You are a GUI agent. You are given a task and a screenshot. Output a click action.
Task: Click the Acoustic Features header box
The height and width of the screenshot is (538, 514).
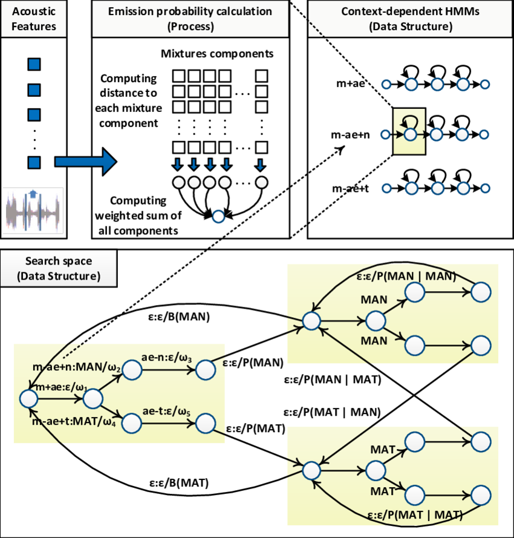tap(34, 19)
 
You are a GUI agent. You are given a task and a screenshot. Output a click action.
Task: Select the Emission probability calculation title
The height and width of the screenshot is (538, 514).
tap(190, 19)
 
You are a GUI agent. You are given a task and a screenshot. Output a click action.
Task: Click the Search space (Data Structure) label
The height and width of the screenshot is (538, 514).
tap(59, 269)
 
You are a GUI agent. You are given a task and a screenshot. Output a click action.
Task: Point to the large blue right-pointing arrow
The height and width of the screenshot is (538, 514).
tap(84, 162)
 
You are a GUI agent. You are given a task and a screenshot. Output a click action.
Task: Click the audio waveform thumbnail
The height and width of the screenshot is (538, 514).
tap(34, 211)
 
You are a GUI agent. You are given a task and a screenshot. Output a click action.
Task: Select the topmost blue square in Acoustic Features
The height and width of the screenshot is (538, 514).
tap(34, 64)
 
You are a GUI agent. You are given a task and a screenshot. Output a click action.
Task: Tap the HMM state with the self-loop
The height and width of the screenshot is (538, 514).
tap(410, 134)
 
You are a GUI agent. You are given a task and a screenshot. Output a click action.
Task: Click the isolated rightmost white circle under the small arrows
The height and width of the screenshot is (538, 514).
tap(261, 182)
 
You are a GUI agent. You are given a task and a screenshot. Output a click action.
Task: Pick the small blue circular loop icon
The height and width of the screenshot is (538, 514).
tap(218, 217)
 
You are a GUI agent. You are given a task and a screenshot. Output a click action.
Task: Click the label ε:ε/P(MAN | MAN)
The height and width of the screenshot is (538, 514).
tap(405, 277)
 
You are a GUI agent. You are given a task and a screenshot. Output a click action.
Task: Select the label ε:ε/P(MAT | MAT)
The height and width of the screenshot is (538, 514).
tap(415, 515)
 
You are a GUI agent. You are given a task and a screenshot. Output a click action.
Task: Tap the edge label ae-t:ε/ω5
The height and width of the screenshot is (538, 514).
tap(167, 412)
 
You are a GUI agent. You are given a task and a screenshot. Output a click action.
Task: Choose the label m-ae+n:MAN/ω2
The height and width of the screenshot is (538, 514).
tap(77, 367)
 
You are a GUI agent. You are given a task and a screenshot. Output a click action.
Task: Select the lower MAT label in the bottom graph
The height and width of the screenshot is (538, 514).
tap(382, 490)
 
